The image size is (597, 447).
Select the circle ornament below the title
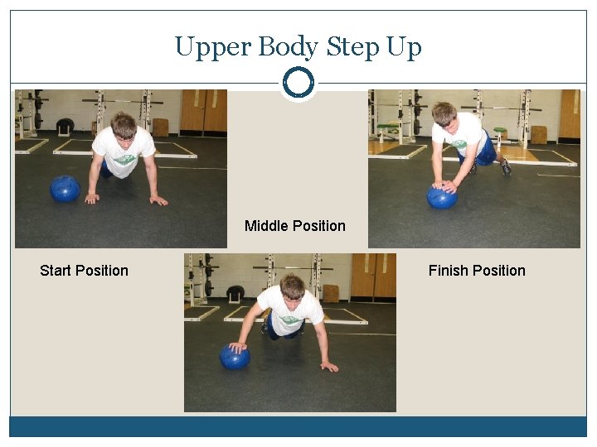point(298,83)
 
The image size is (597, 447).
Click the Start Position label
point(84,271)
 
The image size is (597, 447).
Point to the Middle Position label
point(295,226)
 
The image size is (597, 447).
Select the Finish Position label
point(477,271)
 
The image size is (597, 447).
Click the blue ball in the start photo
point(65,189)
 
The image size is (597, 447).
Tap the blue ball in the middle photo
point(235,358)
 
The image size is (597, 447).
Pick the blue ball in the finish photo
point(441,197)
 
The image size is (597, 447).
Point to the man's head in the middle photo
point(292,287)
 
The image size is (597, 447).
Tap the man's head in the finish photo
point(444,114)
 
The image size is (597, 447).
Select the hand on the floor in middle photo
point(329,366)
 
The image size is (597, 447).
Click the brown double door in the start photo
point(203,111)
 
